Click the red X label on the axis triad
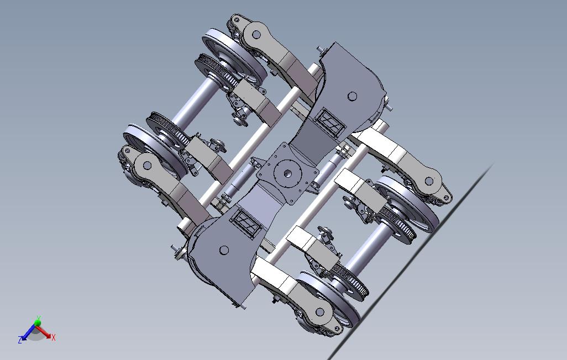tap(53, 338)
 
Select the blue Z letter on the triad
tap(20, 340)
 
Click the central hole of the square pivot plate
tap(287, 172)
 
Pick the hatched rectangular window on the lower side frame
tap(245, 224)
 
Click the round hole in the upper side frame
tap(351, 97)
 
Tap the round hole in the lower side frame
tap(224, 250)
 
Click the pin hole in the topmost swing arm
tap(256, 34)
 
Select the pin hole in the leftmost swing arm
tap(147, 165)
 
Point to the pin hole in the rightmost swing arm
tap(429, 181)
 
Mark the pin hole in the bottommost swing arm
tap(320, 312)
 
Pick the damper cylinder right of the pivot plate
tap(335, 163)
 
